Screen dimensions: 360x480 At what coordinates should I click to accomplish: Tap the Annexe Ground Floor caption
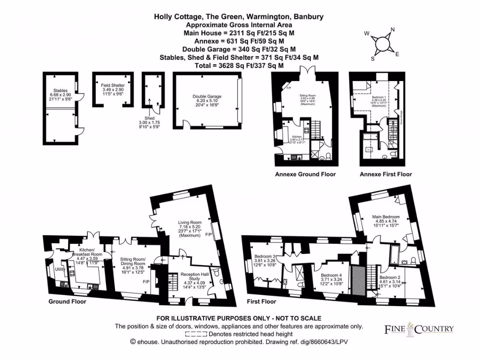tap(305, 174)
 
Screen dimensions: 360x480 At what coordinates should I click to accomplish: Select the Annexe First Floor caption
tap(386, 174)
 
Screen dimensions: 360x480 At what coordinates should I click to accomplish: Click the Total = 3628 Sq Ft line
tap(239, 66)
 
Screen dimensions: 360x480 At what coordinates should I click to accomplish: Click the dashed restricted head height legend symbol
tap(196, 334)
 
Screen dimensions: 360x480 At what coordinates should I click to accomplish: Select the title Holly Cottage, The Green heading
tap(239, 17)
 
